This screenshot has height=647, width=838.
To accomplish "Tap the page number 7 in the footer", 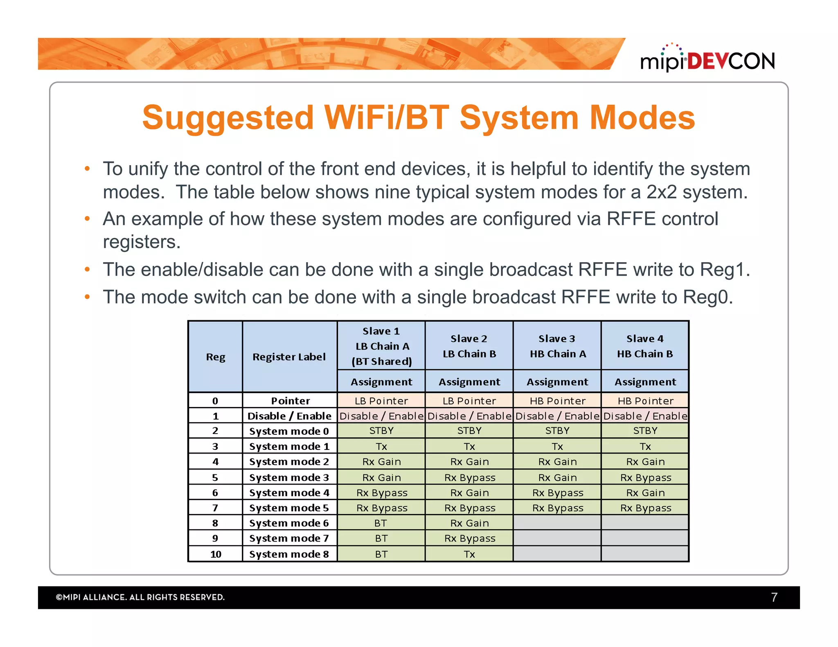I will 774,597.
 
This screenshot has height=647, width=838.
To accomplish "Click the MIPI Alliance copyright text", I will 140,597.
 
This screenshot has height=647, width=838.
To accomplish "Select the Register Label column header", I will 289,357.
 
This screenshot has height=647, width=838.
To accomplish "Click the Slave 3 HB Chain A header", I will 557,346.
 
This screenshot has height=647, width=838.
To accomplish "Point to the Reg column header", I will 215,357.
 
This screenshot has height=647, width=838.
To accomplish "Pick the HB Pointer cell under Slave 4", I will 645,401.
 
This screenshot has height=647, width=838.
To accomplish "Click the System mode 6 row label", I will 289,523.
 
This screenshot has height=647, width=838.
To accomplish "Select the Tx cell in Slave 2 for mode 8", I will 469,554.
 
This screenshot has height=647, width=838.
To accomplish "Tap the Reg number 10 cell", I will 215,554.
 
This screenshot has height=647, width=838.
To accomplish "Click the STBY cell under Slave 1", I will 381,431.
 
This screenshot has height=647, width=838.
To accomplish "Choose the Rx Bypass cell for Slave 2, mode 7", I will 469,539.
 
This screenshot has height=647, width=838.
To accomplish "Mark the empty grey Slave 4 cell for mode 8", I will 645,554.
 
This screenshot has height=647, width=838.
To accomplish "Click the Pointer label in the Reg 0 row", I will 290,401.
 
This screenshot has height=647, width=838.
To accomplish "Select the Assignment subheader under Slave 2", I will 469,382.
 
